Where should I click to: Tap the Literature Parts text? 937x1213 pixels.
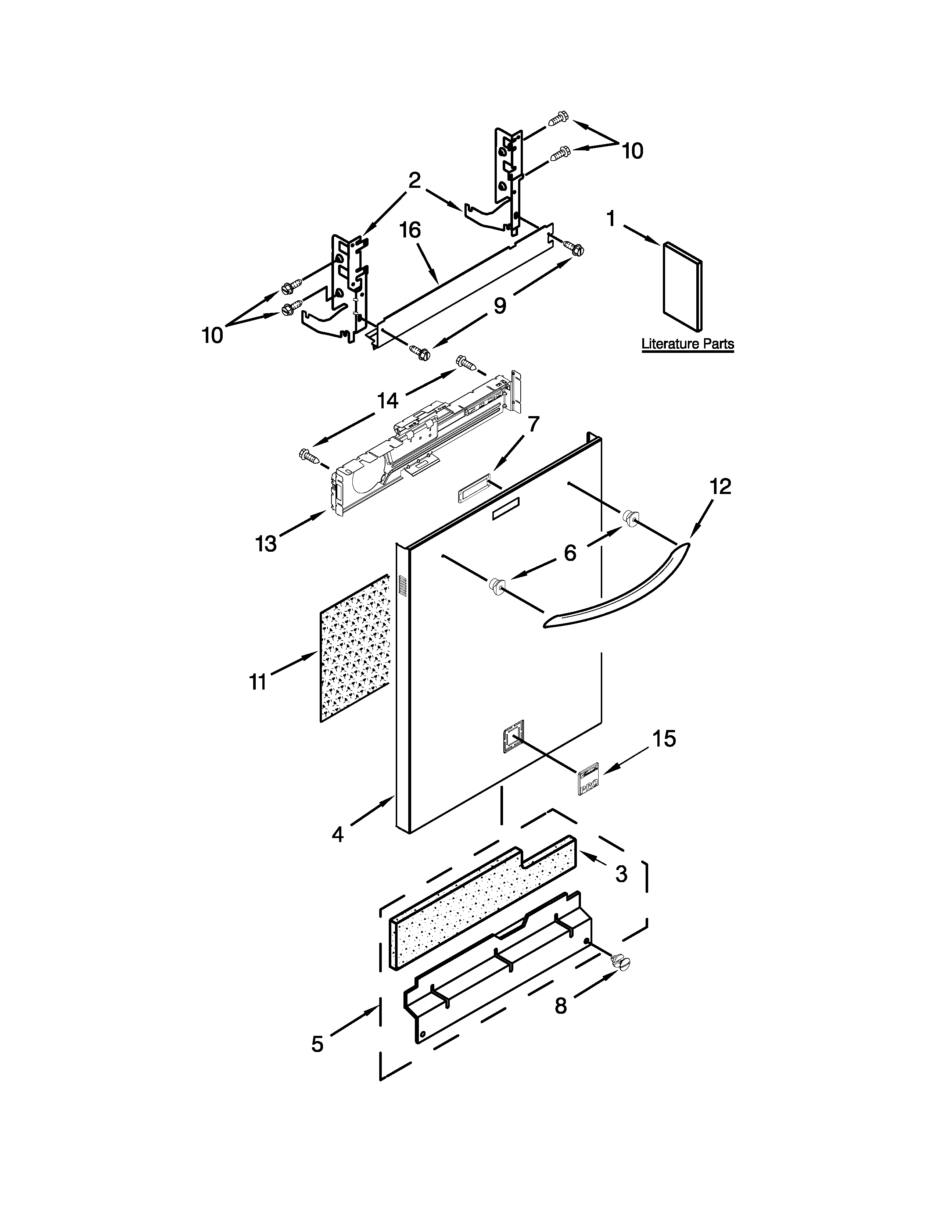(x=687, y=344)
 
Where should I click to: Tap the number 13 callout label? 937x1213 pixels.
(x=266, y=544)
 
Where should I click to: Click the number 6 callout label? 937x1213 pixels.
(x=570, y=552)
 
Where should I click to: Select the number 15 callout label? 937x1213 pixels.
(x=664, y=739)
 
